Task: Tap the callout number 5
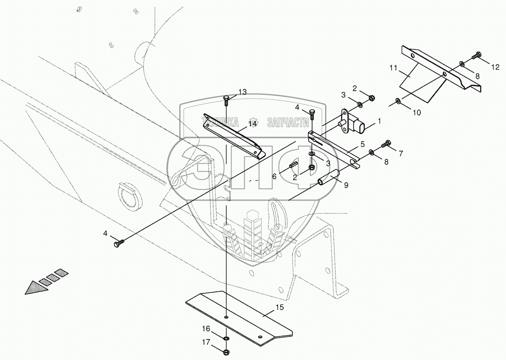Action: click(x=362, y=144)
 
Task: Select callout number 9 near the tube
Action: click(x=346, y=185)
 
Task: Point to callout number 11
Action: click(x=393, y=68)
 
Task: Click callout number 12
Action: click(x=495, y=67)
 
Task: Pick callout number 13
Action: click(x=243, y=92)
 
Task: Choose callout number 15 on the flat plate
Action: click(x=280, y=307)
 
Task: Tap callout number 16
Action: click(x=206, y=328)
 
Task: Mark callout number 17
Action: click(x=206, y=342)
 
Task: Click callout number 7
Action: click(x=400, y=153)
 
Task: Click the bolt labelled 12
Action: click(x=476, y=56)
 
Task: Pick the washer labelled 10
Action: click(x=397, y=101)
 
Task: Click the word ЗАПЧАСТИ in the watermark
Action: click(x=288, y=122)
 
